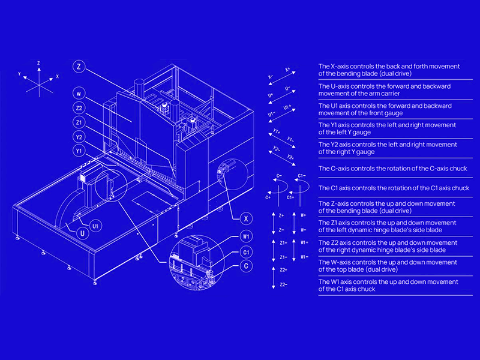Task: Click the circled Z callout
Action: pos(79,67)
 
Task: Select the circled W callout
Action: pos(79,94)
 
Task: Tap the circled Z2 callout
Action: pos(79,108)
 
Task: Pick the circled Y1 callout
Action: pos(79,151)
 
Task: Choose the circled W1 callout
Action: pos(247,237)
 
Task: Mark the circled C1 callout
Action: pos(247,252)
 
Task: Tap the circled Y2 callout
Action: pos(79,137)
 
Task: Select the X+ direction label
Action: pos(287,70)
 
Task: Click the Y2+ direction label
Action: pos(290,157)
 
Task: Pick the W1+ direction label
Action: pos(304,243)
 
